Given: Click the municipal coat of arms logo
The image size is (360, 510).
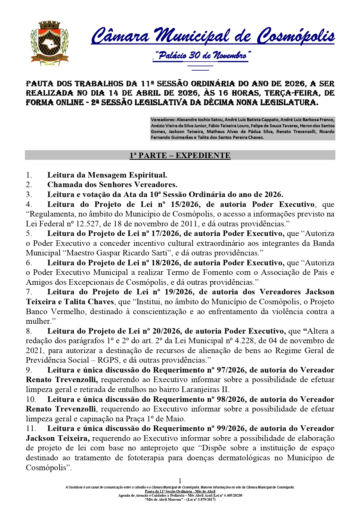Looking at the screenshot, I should click(50, 43).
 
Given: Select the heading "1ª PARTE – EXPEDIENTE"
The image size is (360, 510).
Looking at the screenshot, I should click(180, 155).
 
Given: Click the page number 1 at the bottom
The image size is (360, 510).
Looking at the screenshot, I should click(180, 481).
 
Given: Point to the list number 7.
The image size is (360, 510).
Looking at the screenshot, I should click(29, 292).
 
